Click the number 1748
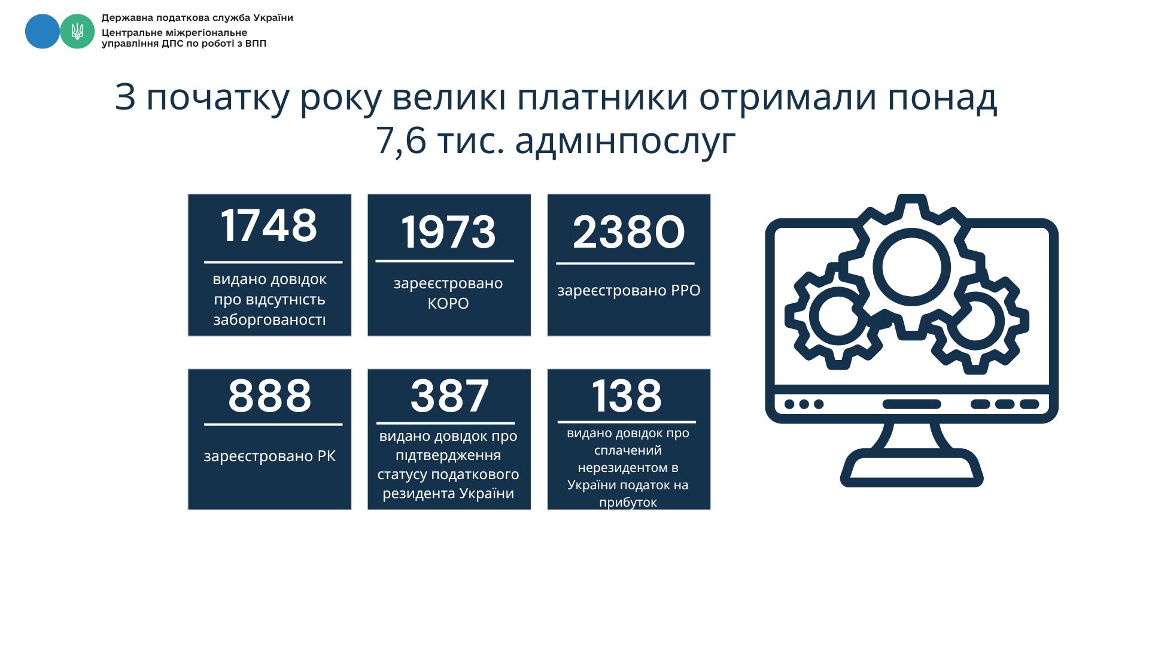coord(269,226)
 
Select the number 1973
coord(448,232)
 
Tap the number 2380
coord(628,232)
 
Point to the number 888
coord(270,395)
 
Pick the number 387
coord(449,395)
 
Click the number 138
coord(627,395)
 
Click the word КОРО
coord(448,303)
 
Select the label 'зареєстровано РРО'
coord(628,291)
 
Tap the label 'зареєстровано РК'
coord(270,456)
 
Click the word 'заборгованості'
coord(269,319)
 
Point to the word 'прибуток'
coord(628,502)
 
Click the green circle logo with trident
coord(77,32)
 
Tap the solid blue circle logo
coord(42,32)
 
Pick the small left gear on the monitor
coord(806,316)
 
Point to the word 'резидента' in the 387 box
coord(419,494)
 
